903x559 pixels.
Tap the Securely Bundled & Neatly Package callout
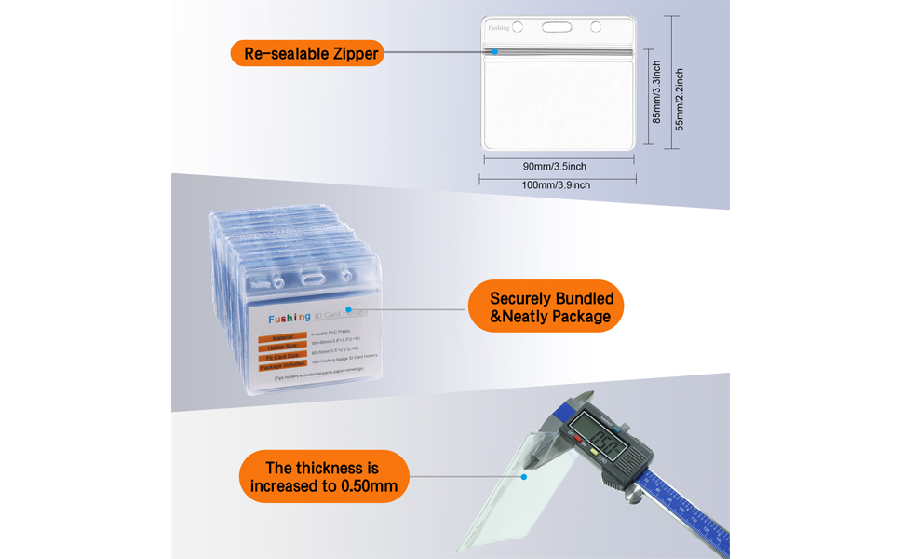[544, 307]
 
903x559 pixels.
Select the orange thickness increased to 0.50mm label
[324, 477]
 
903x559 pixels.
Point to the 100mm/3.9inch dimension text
[557, 185]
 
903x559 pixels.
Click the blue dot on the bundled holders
[347, 307]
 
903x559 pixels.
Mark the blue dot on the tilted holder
[524, 477]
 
